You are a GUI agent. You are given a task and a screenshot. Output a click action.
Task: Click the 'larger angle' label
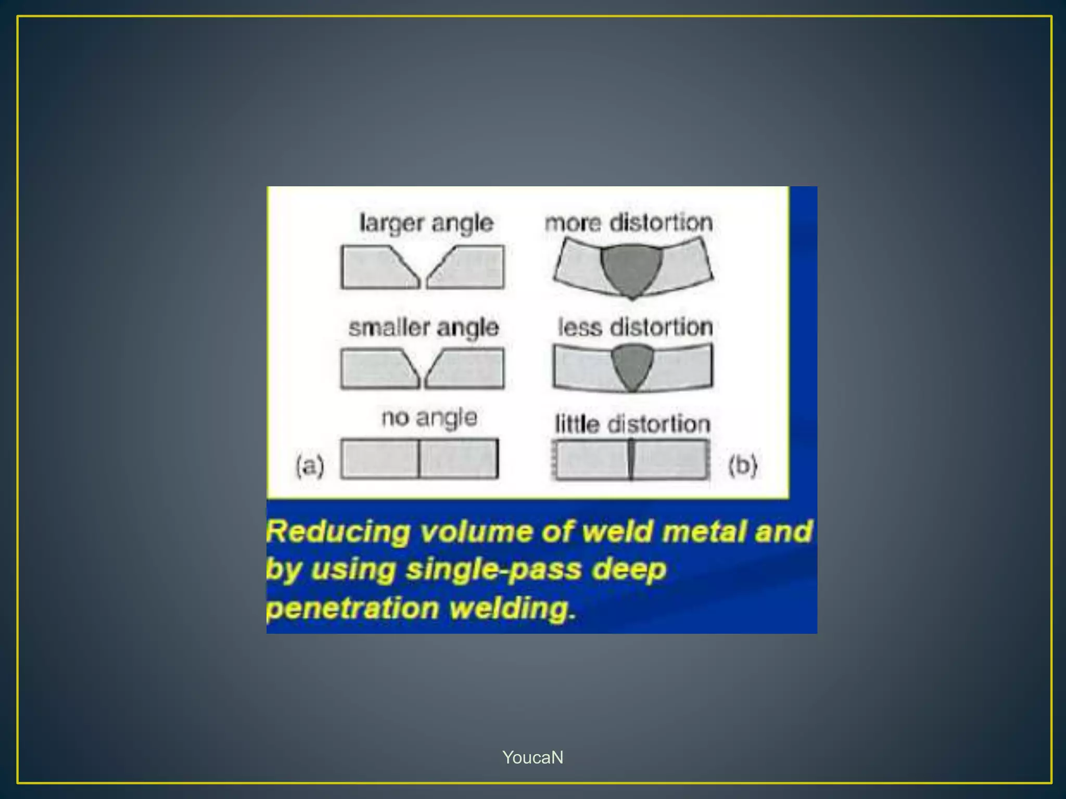(426, 224)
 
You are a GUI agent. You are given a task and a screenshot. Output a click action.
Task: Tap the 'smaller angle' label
(424, 328)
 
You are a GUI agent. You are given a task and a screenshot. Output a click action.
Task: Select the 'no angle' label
(429, 418)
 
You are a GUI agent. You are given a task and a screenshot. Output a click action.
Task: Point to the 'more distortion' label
(629, 223)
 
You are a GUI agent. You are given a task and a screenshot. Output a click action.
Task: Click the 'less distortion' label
(635, 327)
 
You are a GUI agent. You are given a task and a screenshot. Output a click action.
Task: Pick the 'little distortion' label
(632, 424)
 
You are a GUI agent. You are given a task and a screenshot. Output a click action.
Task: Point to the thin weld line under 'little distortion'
(631, 459)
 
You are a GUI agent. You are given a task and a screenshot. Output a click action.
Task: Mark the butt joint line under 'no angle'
(419, 459)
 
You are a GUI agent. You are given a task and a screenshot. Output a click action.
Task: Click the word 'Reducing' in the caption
(338, 532)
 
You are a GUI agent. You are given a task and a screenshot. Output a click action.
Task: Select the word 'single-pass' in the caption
(493, 570)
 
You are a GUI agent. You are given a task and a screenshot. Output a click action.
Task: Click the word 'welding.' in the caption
(513, 608)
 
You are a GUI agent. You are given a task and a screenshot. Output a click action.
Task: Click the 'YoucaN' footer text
(532, 757)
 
